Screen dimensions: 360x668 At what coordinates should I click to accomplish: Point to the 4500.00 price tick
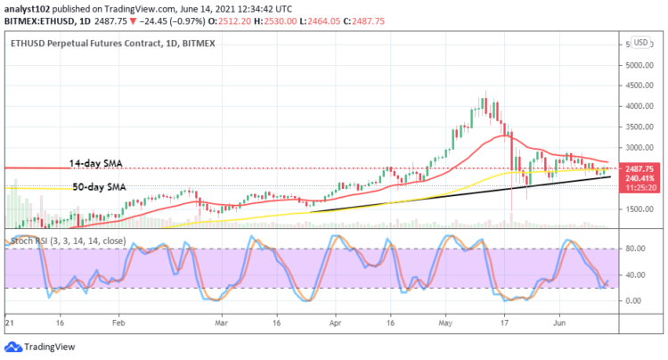pyautogui.click(x=639, y=86)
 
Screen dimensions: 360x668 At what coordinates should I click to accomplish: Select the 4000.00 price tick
pyautogui.click(x=639, y=106)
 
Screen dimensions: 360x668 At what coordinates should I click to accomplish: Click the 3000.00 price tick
pyautogui.click(x=639, y=148)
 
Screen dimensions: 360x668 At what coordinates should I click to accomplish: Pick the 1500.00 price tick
pyautogui.click(x=639, y=209)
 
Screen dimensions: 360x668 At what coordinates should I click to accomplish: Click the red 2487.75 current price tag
pyautogui.click(x=641, y=168)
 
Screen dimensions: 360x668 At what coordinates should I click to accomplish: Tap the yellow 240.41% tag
pyautogui.click(x=641, y=177)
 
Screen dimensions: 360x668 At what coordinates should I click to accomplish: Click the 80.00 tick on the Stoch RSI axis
pyautogui.click(x=633, y=250)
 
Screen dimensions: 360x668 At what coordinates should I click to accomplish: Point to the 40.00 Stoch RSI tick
pyautogui.click(x=633, y=274)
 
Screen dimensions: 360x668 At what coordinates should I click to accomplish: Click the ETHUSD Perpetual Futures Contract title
pyautogui.click(x=104, y=42)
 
